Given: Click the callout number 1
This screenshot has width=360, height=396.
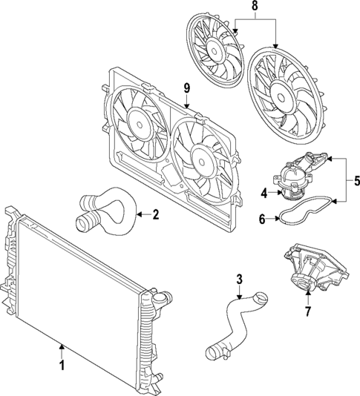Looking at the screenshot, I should coord(62,366).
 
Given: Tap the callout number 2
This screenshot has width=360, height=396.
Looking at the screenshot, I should coord(156,216).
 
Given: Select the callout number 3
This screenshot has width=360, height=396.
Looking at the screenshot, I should coord(239,279).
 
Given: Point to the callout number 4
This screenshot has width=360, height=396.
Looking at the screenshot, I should coord(264,194).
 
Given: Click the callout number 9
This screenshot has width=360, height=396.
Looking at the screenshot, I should coord(187,88).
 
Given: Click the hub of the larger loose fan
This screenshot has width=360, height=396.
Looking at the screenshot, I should coord(282,95).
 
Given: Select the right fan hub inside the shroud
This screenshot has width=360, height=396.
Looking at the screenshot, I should coord(200,157).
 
